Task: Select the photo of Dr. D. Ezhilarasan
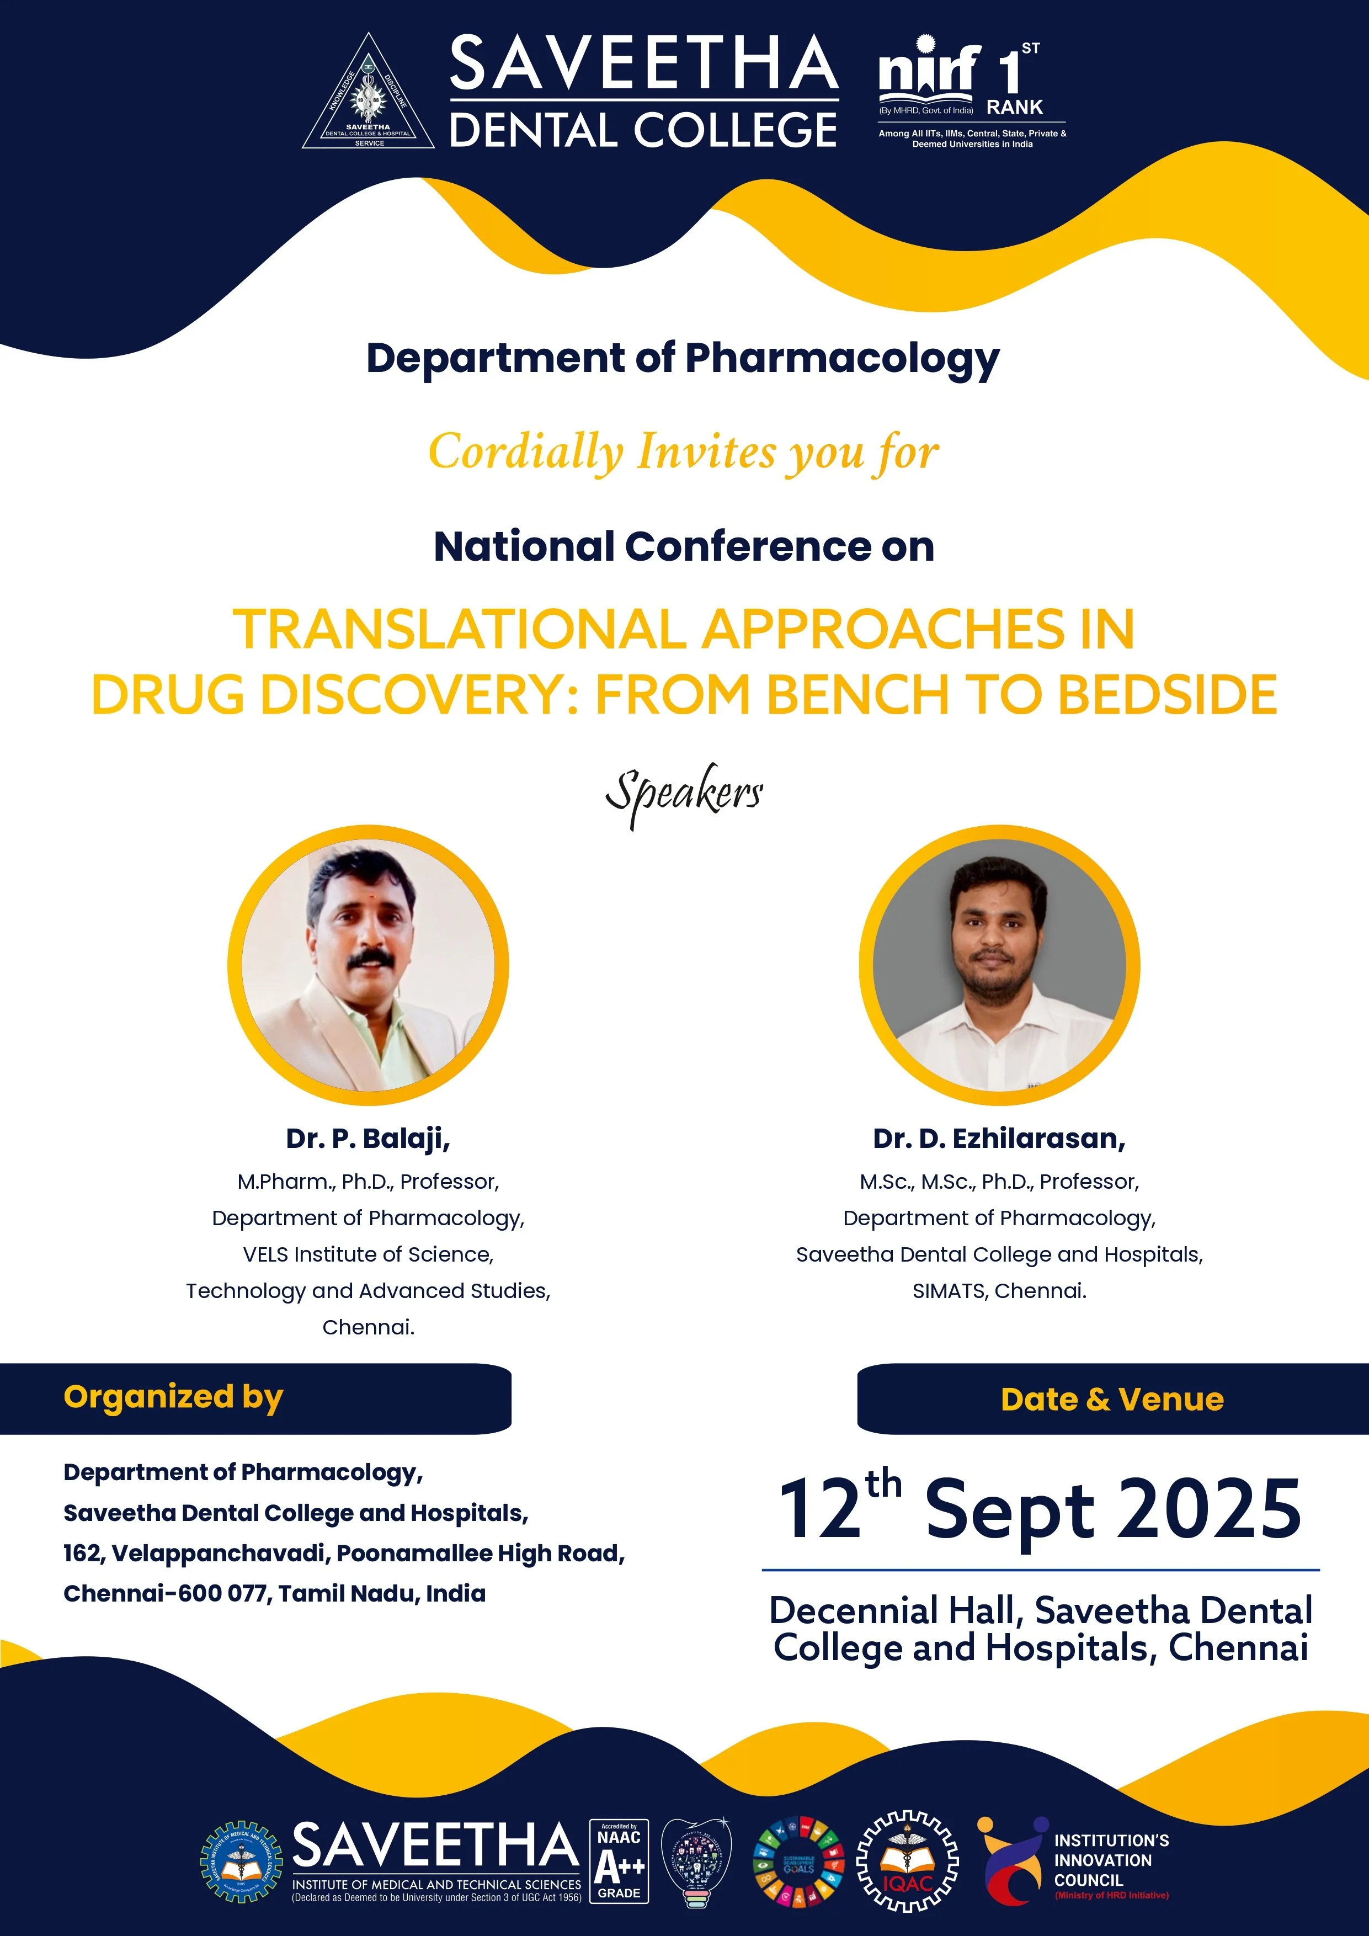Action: coord(999,965)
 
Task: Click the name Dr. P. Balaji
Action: coord(369,1139)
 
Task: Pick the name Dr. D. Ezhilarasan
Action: coord(999,1139)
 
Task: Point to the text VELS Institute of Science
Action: coord(369,1254)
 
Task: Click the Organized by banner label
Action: coord(174,1397)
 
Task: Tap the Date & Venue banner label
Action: coord(1112,1400)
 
